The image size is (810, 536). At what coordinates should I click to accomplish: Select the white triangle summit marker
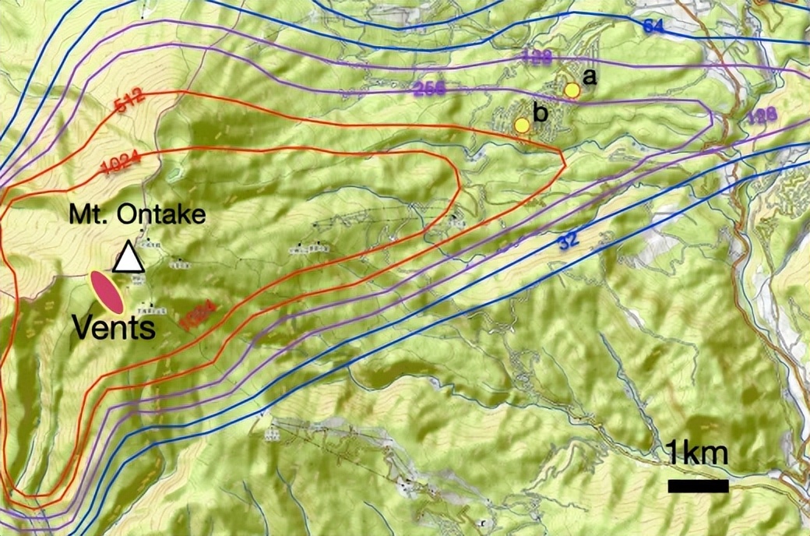click(129, 258)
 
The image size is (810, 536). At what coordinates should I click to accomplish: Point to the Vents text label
click(114, 327)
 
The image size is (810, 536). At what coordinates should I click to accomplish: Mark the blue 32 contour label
click(569, 242)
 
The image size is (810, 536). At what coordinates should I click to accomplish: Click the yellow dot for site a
click(572, 90)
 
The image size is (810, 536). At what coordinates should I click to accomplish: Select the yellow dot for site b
click(522, 125)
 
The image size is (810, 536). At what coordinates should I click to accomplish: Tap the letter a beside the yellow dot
click(590, 76)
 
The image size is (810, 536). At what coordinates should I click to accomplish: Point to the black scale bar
click(698, 486)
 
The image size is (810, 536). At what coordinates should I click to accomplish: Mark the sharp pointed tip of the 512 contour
click(563, 159)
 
